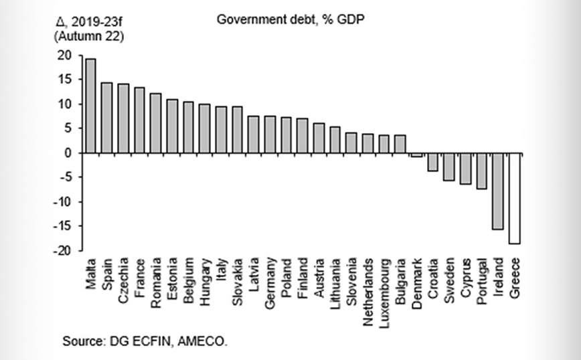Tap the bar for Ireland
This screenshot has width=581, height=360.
[x=498, y=191]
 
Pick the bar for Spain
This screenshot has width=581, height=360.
[x=106, y=118]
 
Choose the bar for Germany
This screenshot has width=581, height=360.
[x=270, y=134]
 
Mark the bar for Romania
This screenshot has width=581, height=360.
[x=155, y=123]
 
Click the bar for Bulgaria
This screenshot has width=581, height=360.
[x=400, y=144]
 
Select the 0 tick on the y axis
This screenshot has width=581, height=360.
[x=69, y=153]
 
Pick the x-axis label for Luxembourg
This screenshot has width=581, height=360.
[x=384, y=287]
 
